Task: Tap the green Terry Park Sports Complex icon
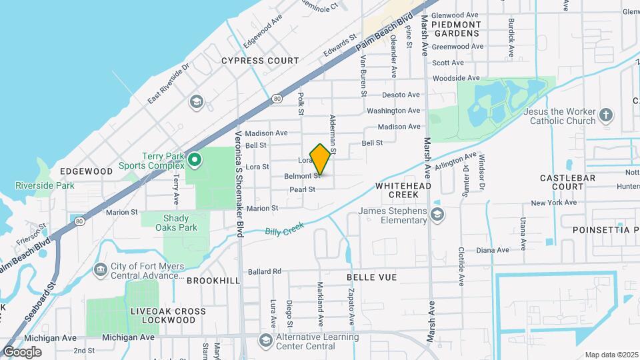pyautogui.click(x=195, y=160)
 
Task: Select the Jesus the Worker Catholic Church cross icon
pyautogui.click(x=605, y=115)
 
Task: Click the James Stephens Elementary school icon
pyautogui.click(x=437, y=214)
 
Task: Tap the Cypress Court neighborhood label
pyautogui.click(x=260, y=61)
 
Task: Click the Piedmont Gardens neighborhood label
pyautogui.click(x=456, y=29)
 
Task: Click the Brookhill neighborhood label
pyautogui.click(x=213, y=281)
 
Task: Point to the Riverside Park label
pyautogui.click(x=45, y=185)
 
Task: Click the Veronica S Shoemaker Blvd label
pyautogui.click(x=239, y=183)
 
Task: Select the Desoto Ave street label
pyautogui.click(x=404, y=95)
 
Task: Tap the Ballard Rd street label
pyautogui.click(x=265, y=271)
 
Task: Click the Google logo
pyautogui.click(x=22, y=351)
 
